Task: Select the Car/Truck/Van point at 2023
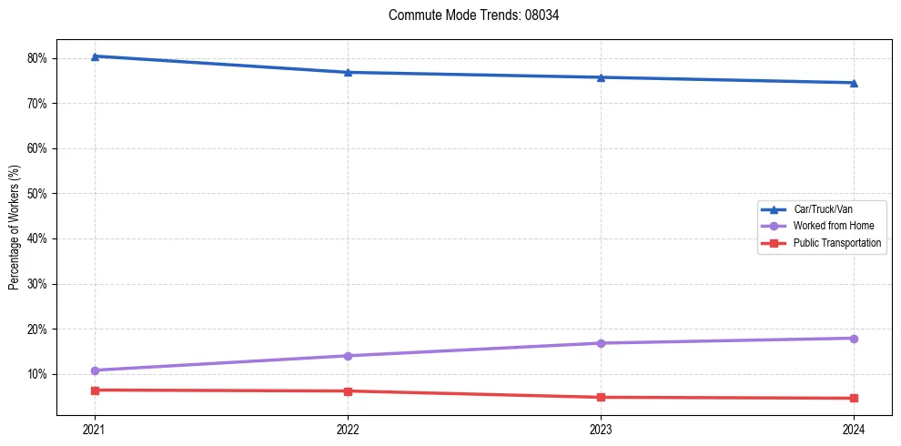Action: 601,77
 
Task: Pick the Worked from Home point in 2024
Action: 854,339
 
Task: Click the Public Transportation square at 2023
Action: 601,397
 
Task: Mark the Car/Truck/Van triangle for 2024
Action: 854,83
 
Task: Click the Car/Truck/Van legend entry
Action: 823,209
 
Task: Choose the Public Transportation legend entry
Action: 836,243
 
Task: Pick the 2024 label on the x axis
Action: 854,429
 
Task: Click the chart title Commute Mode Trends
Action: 467,15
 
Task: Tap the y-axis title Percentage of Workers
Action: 15,228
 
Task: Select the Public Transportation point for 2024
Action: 854,398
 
